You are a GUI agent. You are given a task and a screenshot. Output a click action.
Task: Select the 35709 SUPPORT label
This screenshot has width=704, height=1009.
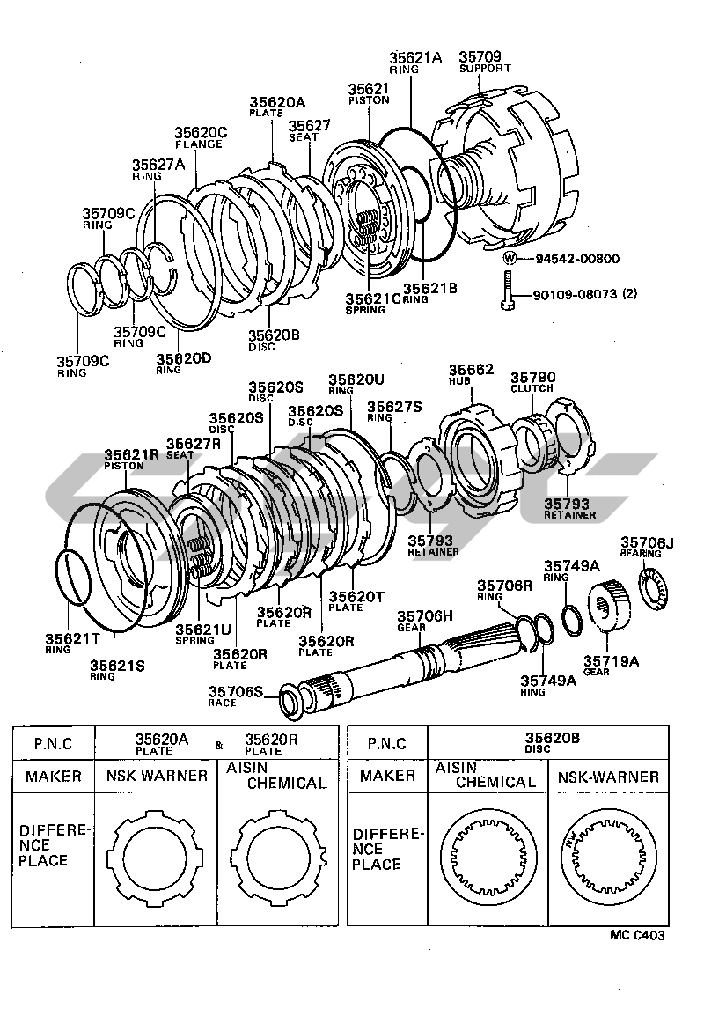pos(482,64)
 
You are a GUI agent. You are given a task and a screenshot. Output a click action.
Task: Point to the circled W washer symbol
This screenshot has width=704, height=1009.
pos(510,259)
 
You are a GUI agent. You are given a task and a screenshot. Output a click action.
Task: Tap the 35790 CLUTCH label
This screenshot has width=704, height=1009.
pos(533,381)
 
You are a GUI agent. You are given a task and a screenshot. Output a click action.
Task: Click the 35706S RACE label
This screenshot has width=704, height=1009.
pos(235,696)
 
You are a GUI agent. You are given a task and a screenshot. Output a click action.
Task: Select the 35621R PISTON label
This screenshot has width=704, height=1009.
pos(131,460)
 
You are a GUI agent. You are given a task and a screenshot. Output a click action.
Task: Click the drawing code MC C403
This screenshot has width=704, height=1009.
pos(639,938)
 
